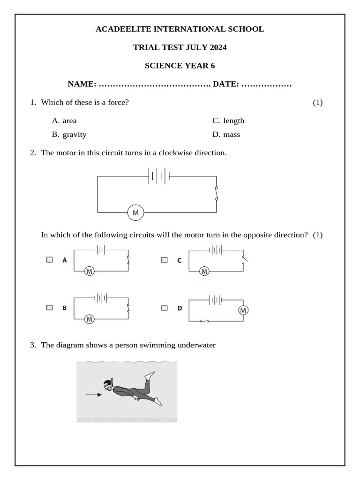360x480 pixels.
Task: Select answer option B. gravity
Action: [x=69, y=135]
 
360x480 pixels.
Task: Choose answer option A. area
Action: [x=64, y=120]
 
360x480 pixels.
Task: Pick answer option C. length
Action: [x=228, y=120]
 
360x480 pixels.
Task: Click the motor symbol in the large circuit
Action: [x=135, y=213]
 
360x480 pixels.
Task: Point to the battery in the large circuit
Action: [x=158, y=176]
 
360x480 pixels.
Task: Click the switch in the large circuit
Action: [x=216, y=194]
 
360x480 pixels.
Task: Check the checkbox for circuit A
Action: [x=50, y=260]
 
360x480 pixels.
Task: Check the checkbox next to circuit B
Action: [x=50, y=307]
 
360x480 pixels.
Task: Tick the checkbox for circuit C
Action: [x=164, y=260]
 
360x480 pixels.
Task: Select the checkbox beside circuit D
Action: [x=164, y=308]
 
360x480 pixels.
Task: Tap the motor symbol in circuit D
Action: [x=243, y=310]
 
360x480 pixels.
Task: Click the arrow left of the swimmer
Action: [x=93, y=395]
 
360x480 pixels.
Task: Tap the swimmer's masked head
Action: [x=108, y=385]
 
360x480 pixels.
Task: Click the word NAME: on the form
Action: [x=82, y=84]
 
